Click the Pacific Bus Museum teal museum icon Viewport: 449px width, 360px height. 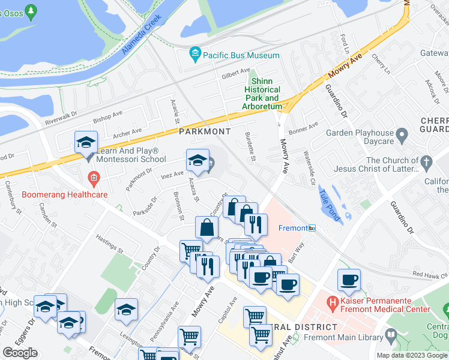click(x=194, y=55)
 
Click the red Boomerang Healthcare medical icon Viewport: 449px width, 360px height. click(x=93, y=178)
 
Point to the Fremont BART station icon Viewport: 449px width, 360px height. click(x=312, y=228)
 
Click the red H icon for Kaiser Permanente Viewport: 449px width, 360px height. click(x=331, y=300)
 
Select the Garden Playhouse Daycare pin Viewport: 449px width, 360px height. click(x=403, y=133)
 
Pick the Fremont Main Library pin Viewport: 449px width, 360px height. click(x=392, y=334)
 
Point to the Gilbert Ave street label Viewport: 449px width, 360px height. click(x=235, y=74)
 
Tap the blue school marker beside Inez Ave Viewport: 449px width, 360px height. click(x=197, y=160)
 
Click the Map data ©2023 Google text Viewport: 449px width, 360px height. click(x=412, y=355)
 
